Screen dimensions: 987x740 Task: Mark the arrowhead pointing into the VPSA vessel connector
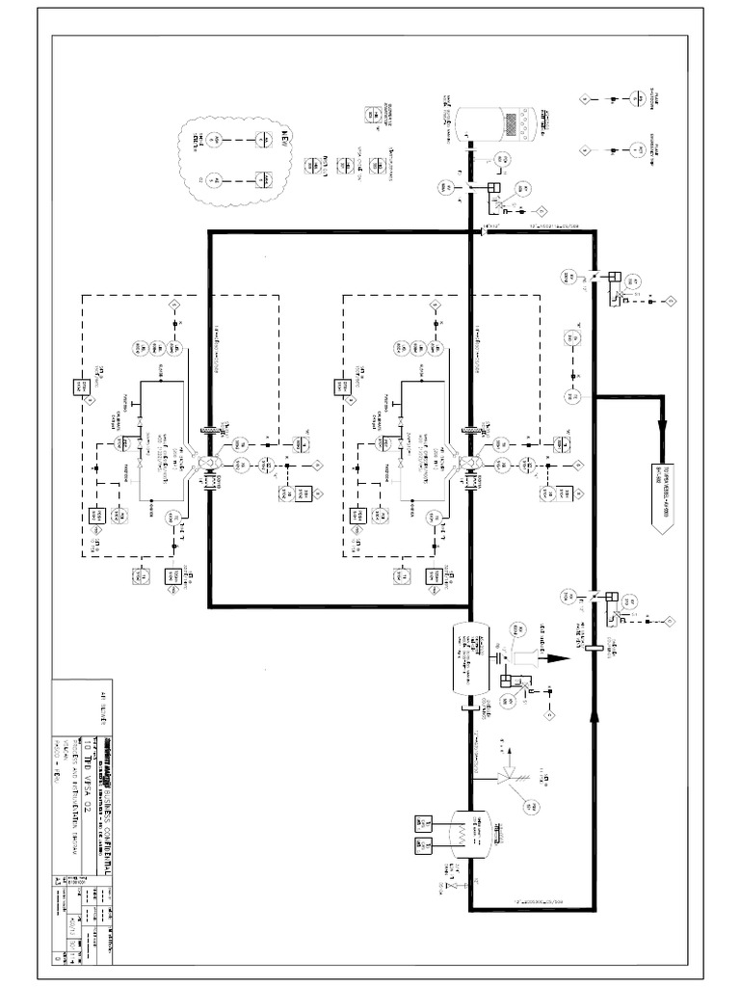pos(663,435)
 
